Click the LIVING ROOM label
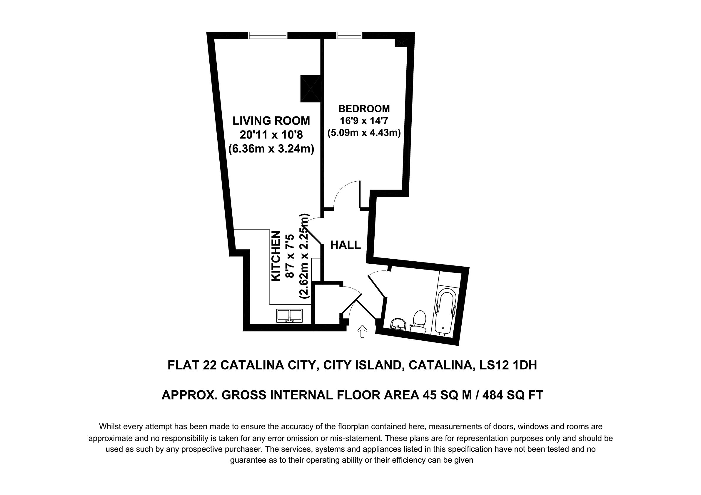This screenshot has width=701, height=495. coord(271,121)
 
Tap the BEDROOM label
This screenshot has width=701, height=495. coord(364,109)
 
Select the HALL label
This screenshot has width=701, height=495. coord(346,245)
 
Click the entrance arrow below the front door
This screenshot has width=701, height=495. coord(362,331)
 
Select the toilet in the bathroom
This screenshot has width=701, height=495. coord(419,321)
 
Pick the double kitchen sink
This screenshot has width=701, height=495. coord(289,316)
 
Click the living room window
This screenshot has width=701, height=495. coord(268,35)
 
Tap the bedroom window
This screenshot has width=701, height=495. coord(350,35)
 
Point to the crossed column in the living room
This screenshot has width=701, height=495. coord(310,88)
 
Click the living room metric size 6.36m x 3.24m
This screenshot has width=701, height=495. coord(271,149)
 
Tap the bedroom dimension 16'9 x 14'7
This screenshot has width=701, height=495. coord(364,121)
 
